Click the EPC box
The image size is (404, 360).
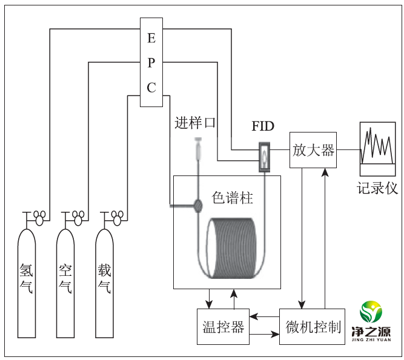tap(151, 62)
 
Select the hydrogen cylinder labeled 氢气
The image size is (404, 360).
tap(27, 283)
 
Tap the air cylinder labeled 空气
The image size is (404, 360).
tap(65, 283)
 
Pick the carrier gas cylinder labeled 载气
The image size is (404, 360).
tap(104, 283)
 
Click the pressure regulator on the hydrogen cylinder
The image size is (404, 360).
tap(39, 218)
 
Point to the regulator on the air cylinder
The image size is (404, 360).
tap(78, 218)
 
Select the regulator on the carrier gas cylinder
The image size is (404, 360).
tap(117, 218)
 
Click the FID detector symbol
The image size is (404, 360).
tap(264, 157)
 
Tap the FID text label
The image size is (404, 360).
tap(263, 126)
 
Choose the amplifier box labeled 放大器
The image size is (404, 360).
tap(313, 150)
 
